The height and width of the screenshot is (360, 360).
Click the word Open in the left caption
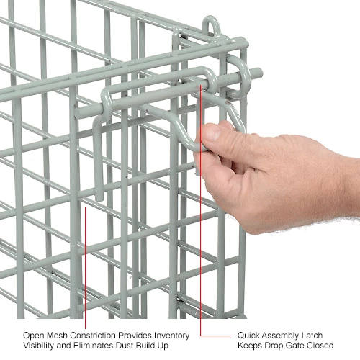pyautogui.click(x=32, y=335)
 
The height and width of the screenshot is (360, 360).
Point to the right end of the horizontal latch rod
pyautogui.click(x=256, y=72)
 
